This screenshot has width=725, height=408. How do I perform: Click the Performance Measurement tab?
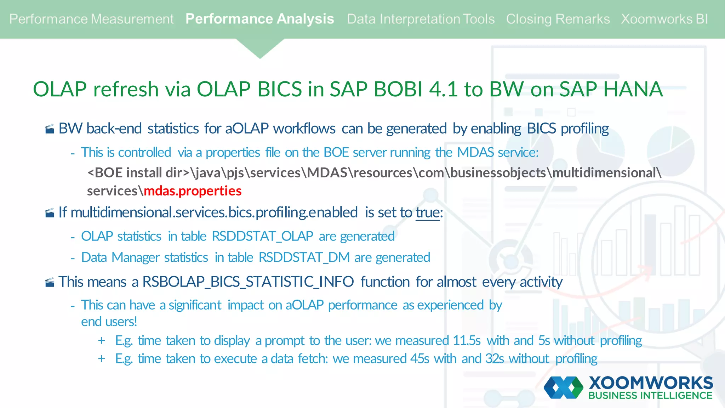[91, 19]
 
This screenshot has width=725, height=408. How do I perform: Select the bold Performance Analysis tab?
[259, 19]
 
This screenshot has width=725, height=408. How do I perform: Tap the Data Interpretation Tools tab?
[421, 19]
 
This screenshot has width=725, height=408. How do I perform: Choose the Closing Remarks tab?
[558, 19]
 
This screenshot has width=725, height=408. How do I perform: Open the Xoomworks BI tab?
[664, 19]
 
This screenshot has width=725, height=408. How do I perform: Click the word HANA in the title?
[633, 89]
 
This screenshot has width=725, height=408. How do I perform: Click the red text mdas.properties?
[193, 191]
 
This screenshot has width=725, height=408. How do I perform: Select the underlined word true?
[427, 212]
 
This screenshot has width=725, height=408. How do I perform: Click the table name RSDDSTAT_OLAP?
[262, 236]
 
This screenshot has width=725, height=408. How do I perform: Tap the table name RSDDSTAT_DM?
[304, 257]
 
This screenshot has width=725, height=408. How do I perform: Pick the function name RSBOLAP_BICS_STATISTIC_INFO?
[248, 282]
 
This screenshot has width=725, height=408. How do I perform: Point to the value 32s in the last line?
[495, 359]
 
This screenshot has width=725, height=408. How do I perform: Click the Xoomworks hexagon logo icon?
[563, 387]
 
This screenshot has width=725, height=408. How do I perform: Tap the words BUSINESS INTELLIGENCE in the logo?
[650, 396]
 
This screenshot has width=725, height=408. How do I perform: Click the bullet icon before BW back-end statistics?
[50, 129]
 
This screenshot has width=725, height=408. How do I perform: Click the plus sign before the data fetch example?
[102, 359]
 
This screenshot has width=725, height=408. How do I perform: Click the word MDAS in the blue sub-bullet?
[475, 152]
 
